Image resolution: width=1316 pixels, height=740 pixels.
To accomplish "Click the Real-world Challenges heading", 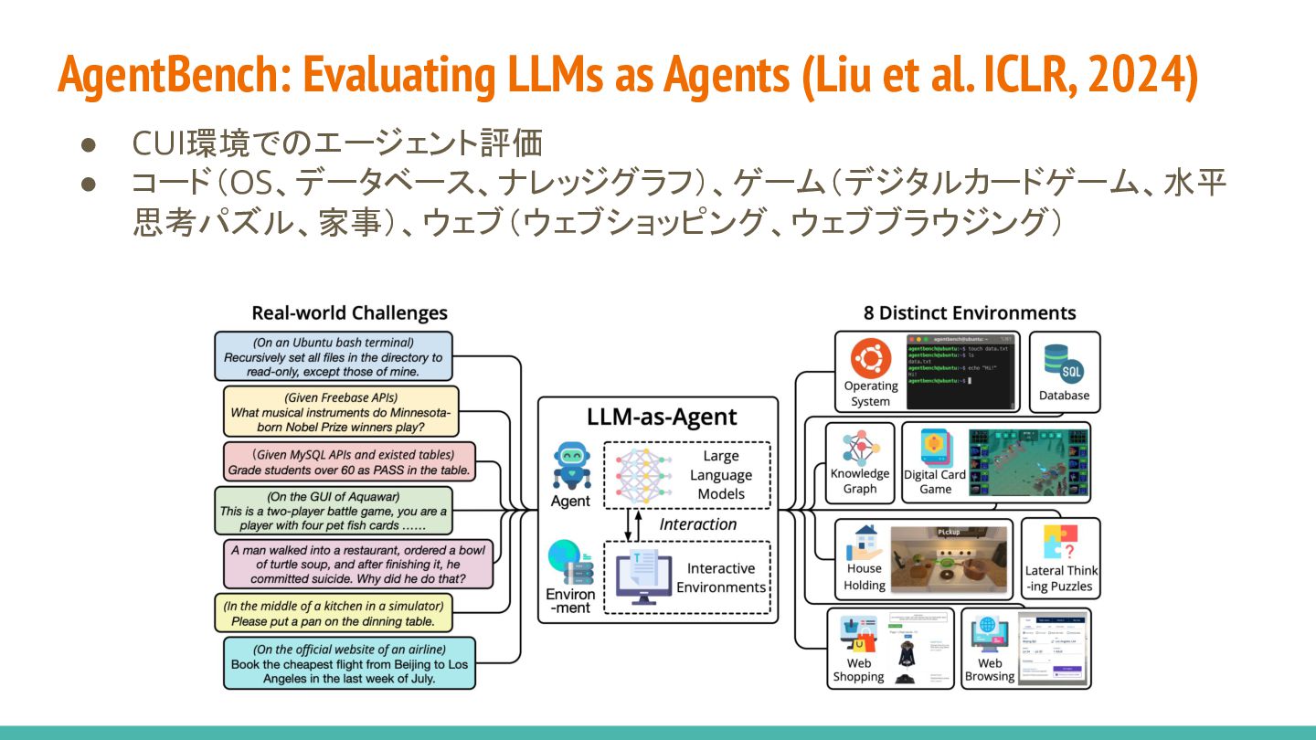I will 350,313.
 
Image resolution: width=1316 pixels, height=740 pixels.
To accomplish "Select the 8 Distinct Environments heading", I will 970,313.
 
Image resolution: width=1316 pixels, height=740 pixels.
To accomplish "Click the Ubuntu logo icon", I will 870,358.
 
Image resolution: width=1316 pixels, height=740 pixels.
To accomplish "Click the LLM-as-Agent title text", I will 662,418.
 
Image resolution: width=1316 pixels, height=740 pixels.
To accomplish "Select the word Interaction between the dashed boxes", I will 697,524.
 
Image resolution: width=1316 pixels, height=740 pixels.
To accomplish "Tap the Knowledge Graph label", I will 860,481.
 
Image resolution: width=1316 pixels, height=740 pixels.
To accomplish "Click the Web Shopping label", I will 858,670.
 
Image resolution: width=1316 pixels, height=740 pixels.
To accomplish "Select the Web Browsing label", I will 990,670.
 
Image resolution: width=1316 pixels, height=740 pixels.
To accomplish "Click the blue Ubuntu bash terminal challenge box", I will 333,356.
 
